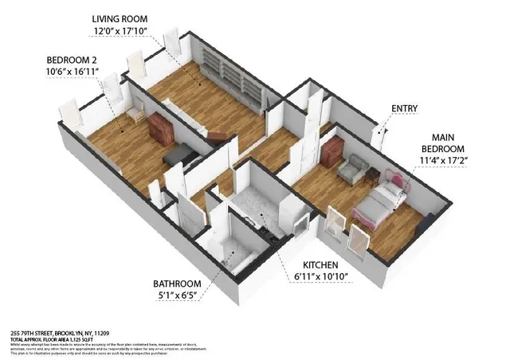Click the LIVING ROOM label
click(x=121, y=18)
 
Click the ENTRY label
click(x=404, y=109)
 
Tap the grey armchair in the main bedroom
click(x=351, y=167)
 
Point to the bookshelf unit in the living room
click(x=231, y=76)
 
